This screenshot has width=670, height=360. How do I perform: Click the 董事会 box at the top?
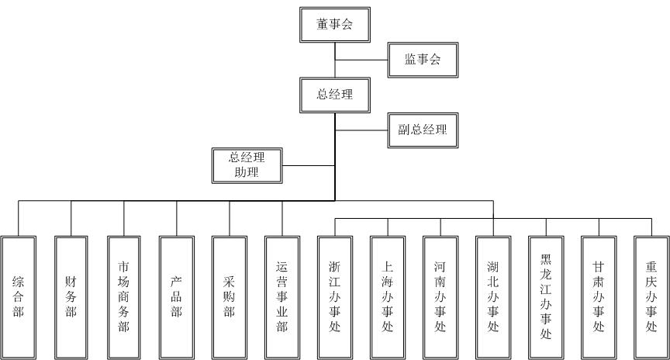click(x=334, y=25)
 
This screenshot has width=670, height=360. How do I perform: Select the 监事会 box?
click(x=422, y=60)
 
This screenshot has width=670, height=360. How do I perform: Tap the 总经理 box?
click(x=334, y=95)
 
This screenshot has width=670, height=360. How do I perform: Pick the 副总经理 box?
click(x=417, y=130)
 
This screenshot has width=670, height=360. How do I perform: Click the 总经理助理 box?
click(x=247, y=164)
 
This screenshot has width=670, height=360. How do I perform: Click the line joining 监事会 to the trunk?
click(x=361, y=60)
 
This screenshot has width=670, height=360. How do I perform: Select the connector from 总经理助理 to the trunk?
click(x=307, y=164)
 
